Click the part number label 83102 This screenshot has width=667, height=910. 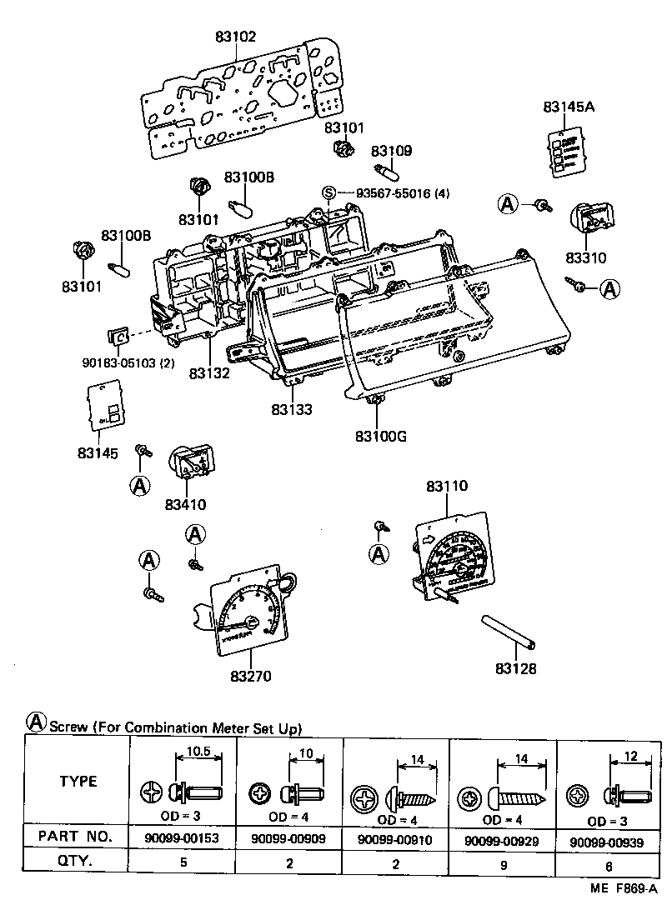[234, 37]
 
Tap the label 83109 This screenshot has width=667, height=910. [391, 151]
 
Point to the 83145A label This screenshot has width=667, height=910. [569, 107]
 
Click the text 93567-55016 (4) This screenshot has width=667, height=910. [403, 193]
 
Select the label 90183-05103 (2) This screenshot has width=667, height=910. [127, 363]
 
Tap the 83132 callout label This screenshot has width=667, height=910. [209, 373]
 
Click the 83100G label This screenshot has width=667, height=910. [380, 436]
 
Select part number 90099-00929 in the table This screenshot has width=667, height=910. [503, 842]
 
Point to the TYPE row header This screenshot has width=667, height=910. [78, 781]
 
